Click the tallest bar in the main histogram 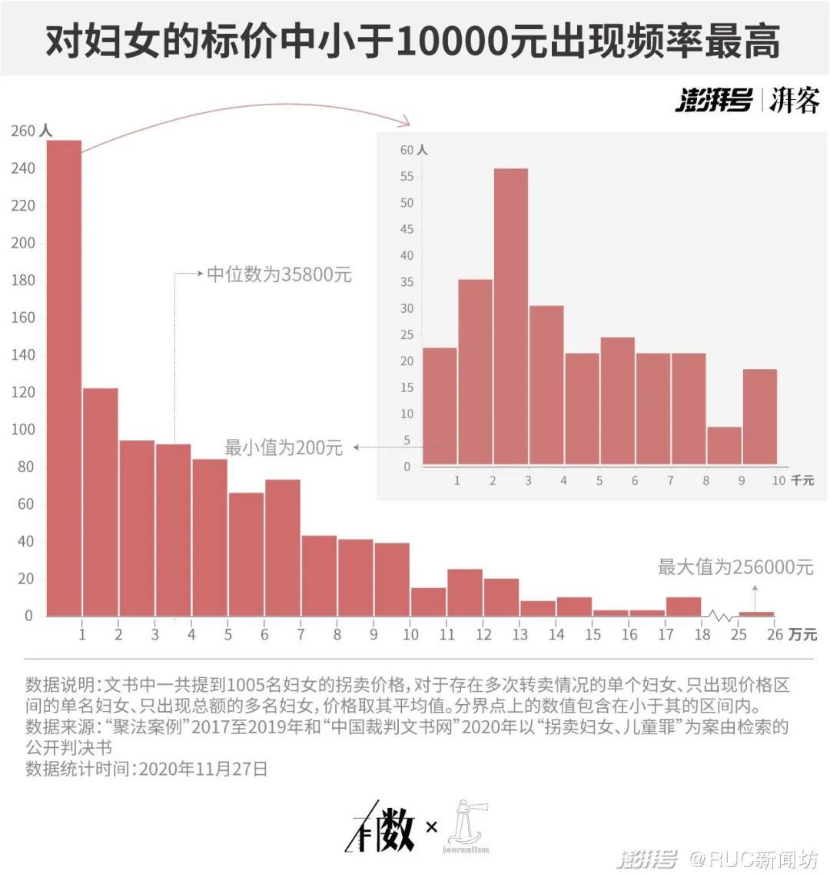[x=64, y=377]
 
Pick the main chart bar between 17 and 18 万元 [x=683, y=606]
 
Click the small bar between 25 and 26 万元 [x=756, y=613]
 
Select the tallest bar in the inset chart [x=510, y=316]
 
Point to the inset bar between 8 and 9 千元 [x=724, y=446]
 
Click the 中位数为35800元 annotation [x=279, y=274]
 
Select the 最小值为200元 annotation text [x=284, y=447]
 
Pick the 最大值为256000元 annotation [x=735, y=567]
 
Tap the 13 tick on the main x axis [x=520, y=634]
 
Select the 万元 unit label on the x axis [x=802, y=635]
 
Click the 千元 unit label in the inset [x=802, y=480]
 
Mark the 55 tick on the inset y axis [x=407, y=177]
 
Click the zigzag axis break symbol [x=720, y=616]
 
